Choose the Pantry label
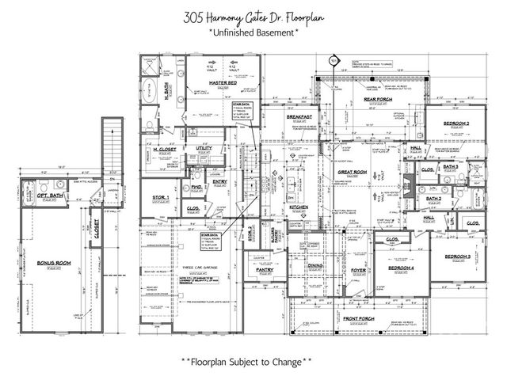[265, 269]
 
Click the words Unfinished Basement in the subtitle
[254, 33]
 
